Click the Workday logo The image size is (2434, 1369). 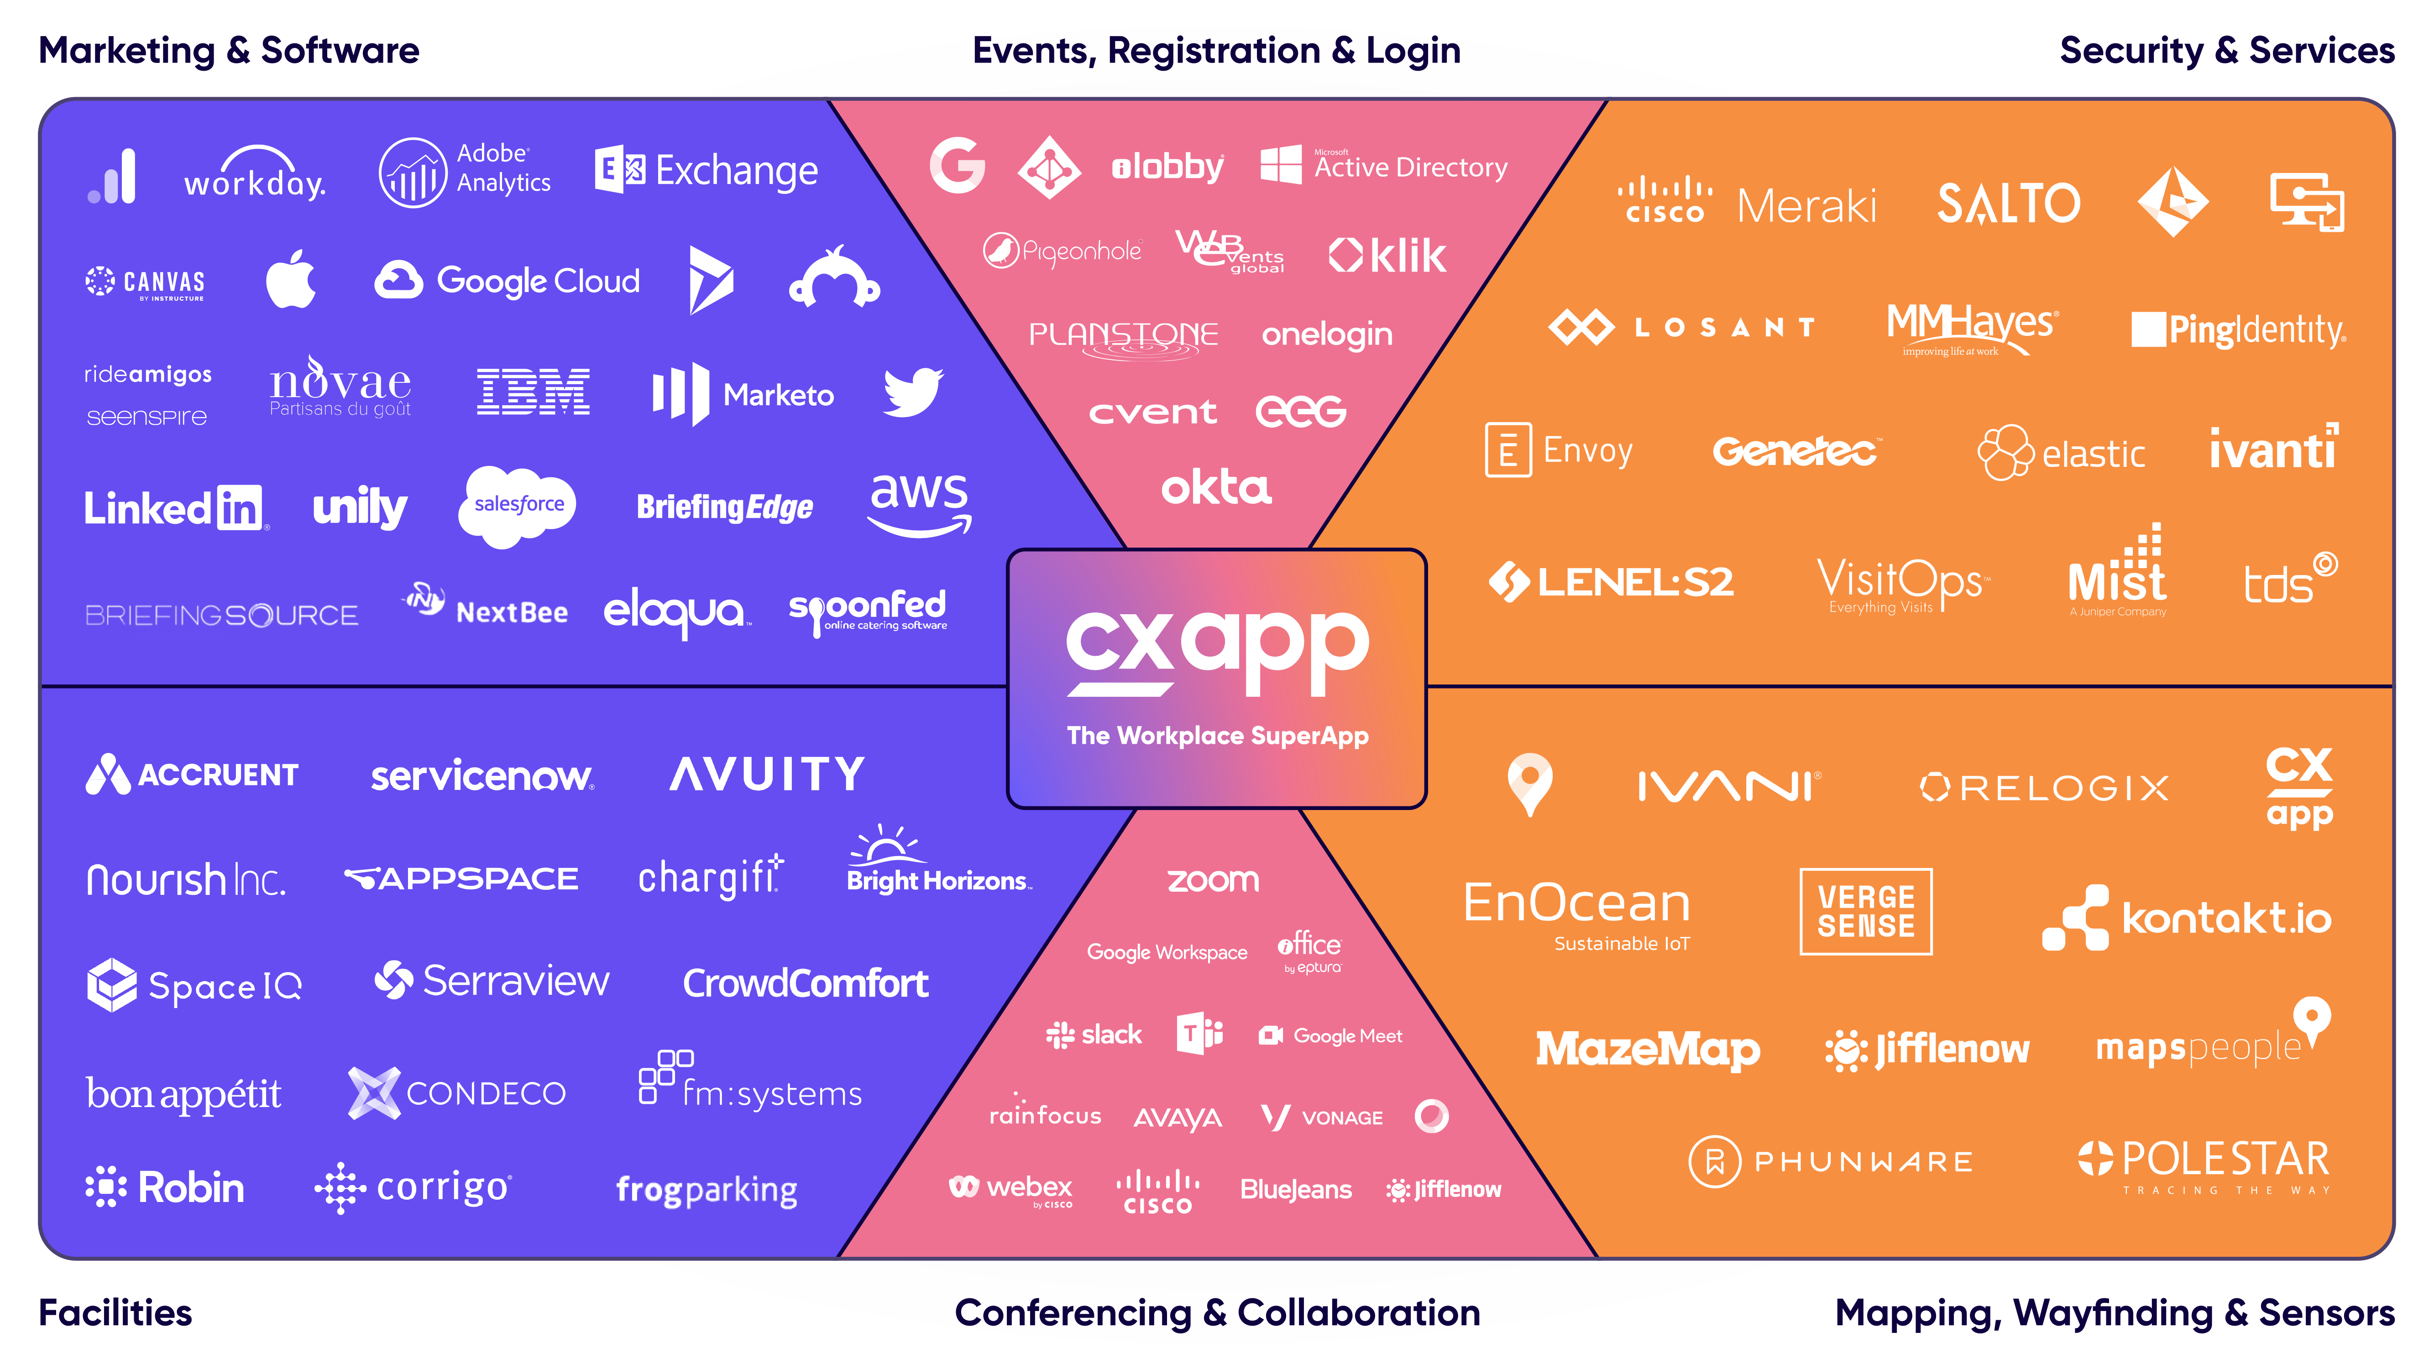click(255, 175)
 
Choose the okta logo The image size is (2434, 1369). click(1216, 487)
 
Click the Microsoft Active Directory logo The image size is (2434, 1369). click(1384, 166)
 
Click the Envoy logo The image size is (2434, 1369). click(1559, 451)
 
